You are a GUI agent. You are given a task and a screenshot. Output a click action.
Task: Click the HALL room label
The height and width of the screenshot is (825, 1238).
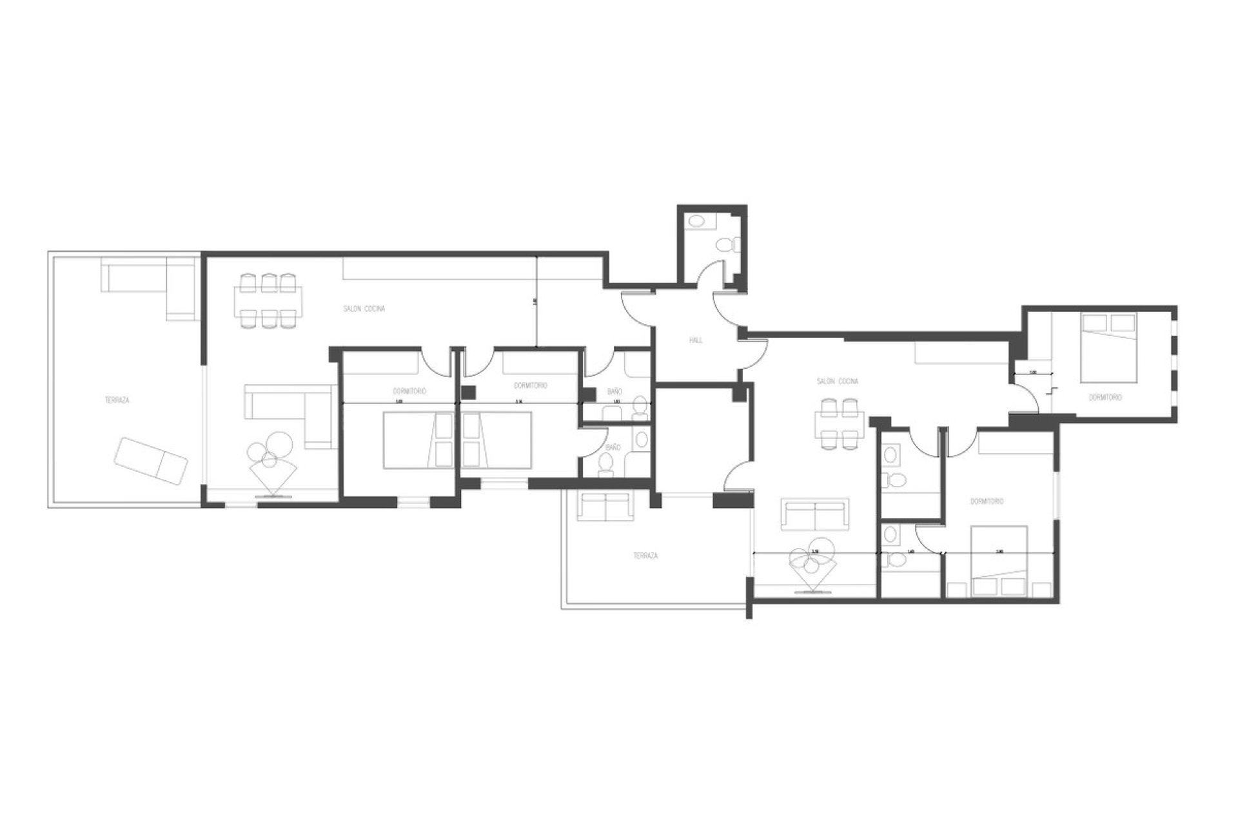696,340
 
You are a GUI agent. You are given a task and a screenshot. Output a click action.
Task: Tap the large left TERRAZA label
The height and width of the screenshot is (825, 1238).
117,400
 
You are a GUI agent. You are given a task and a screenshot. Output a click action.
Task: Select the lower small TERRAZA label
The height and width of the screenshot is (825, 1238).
645,556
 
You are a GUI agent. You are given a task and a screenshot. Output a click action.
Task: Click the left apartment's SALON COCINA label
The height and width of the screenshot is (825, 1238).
364,309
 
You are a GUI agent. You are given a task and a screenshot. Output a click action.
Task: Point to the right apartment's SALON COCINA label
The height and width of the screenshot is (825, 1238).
838,382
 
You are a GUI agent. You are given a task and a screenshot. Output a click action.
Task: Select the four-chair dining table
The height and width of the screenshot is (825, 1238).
838,423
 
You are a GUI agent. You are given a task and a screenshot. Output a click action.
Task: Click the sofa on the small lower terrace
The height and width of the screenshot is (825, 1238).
605,507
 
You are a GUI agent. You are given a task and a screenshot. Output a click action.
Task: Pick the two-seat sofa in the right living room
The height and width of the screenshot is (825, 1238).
815,514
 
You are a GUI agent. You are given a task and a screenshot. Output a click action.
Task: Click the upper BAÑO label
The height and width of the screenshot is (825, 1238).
614,391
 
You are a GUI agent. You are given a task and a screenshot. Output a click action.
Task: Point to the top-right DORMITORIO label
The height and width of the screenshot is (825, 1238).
1105,398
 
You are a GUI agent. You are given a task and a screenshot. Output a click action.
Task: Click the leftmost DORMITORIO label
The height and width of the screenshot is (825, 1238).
409,391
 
